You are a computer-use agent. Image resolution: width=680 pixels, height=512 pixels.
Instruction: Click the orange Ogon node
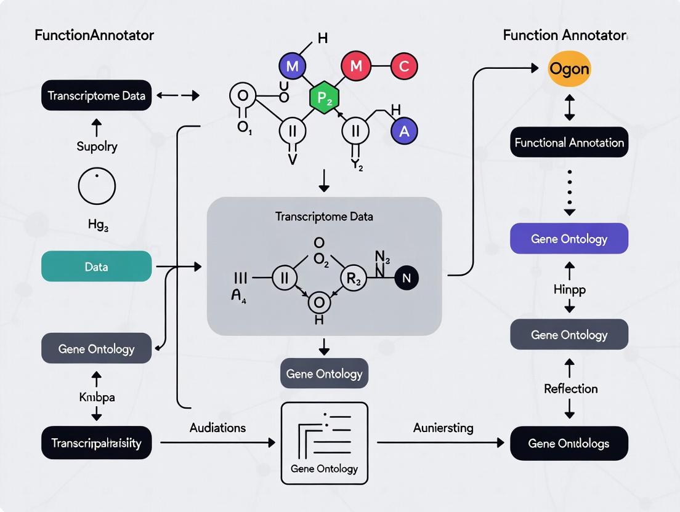(569, 69)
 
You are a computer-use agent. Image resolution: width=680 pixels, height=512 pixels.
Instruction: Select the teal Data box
(96, 266)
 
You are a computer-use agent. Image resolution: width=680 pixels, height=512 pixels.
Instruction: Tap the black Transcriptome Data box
(96, 95)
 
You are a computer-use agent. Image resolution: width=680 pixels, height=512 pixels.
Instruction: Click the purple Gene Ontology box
(569, 239)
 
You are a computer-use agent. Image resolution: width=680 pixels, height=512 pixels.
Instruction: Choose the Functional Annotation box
(569, 143)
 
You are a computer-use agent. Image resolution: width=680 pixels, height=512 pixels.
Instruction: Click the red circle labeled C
(403, 66)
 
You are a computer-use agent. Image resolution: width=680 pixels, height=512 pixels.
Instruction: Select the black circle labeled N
(406, 278)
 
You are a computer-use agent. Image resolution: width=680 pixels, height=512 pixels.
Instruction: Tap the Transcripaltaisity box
(96, 443)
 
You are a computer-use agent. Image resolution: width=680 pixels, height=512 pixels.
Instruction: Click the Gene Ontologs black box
(569, 443)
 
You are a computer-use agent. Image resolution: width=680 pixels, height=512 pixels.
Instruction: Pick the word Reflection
(570, 389)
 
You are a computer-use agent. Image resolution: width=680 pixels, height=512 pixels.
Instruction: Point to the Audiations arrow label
(217, 427)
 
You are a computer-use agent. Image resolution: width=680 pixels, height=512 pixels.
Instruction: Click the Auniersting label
(443, 427)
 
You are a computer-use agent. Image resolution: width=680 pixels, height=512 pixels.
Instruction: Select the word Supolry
(97, 146)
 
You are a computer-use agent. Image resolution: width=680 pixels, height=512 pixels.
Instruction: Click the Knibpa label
(96, 397)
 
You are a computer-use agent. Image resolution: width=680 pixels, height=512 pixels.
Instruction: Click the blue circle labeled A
(404, 130)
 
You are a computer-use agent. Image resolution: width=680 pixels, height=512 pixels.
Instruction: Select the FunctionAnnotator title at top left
(94, 35)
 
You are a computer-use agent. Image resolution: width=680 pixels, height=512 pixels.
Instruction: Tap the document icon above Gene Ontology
(324, 433)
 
